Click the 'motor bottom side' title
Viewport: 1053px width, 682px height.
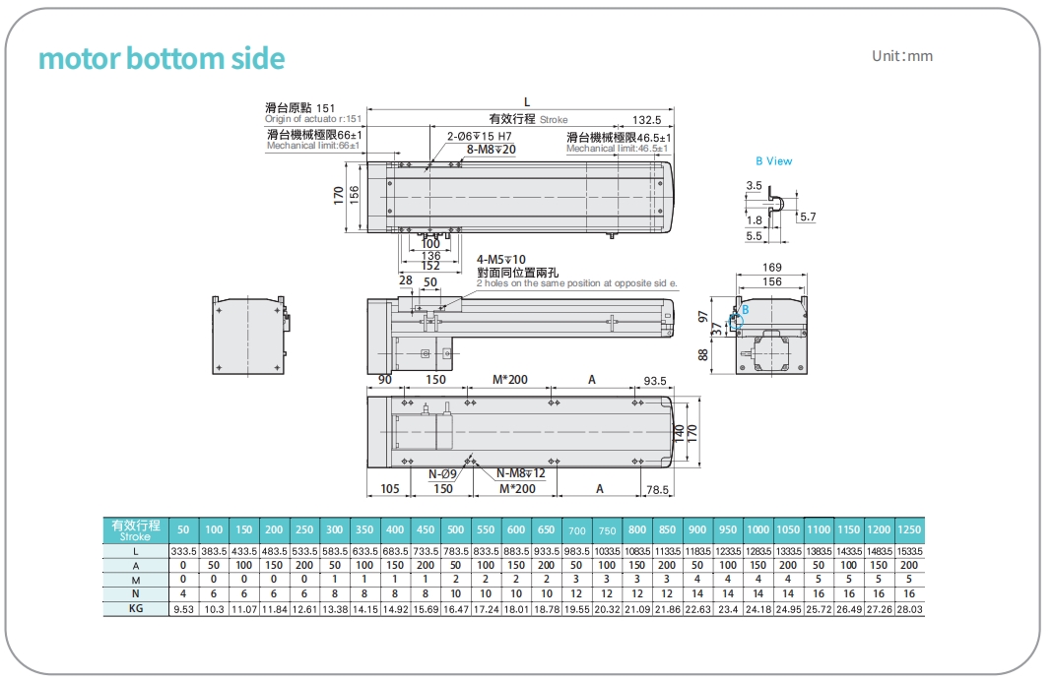click(162, 59)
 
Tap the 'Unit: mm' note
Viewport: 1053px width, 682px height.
click(901, 56)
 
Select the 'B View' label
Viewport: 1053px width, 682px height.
click(773, 161)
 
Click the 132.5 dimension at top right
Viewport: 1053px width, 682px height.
click(646, 119)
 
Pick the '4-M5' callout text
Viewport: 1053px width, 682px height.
click(501, 260)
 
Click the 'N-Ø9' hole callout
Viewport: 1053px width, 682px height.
click(441, 473)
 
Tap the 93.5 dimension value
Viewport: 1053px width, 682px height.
click(655, 380)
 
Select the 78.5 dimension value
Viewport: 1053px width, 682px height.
click(657, 489)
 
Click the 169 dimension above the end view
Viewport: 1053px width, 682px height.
click(772, 268)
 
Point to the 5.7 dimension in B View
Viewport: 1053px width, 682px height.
click(807, 217)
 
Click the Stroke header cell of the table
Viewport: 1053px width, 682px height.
click(136, 529)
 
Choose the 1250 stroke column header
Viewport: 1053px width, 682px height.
click(909, 529)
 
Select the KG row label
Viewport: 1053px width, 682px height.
click(136, 610)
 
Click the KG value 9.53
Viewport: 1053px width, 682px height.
click(183, 610)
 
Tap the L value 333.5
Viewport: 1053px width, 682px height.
click(183, 551)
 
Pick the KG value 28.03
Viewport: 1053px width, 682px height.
click(909, 610)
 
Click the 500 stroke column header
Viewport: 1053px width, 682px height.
click(455, 529)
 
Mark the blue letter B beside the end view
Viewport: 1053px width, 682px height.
click(745, 309)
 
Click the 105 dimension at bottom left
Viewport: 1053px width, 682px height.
click(389, 489)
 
